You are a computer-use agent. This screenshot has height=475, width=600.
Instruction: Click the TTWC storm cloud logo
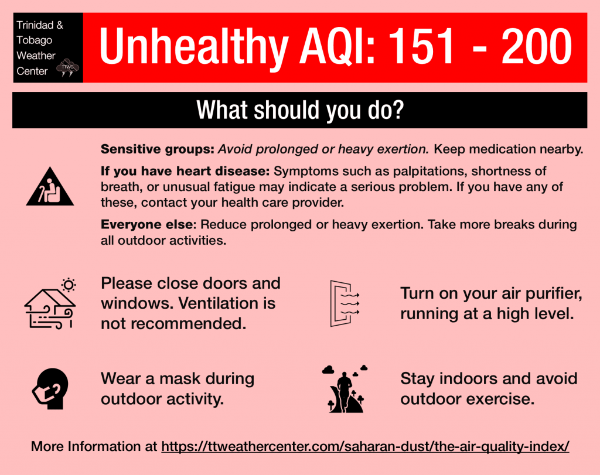tap(68, 68)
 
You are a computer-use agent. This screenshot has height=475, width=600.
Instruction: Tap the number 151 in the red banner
tap(421, 46)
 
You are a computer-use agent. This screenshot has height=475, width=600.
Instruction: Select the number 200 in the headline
tap(537, 46)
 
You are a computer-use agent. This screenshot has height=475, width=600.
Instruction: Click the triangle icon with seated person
tap(50, 187)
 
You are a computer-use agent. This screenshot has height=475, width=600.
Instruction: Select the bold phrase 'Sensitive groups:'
tap(157, 149)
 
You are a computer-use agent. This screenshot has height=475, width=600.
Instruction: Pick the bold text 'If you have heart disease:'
tap(185, 171)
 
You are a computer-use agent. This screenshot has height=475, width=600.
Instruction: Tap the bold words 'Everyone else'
tap(148, 224)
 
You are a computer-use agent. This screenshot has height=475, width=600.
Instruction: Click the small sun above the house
tap(69, 285)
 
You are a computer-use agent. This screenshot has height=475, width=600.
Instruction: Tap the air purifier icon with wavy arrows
tap(345, 303)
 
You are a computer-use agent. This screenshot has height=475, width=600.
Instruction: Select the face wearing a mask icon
tap(50, 388)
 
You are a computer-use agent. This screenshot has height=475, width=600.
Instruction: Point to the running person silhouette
tap(344, 391)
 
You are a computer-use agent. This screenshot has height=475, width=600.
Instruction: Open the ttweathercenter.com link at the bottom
tap(365, 447)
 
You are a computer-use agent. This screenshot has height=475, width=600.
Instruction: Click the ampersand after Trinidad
tap(60, 25)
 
